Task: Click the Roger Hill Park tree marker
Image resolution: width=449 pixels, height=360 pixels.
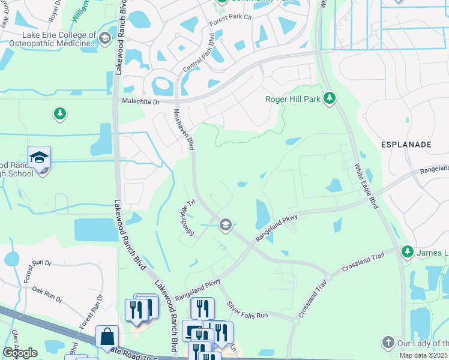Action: [329, 98]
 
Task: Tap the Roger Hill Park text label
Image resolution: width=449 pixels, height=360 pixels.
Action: [293, 99]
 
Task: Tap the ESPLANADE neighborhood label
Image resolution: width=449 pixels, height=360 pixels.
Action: [406, 145]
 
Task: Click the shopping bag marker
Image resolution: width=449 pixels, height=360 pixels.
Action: [108, 338]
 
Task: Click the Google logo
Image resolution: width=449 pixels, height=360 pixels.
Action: [20, 353]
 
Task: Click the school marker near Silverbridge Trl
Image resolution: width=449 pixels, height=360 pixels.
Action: [226, 225]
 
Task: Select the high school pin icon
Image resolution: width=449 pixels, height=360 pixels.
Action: [39, 158]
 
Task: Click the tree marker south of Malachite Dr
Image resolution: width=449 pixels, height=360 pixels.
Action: [59, 113]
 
